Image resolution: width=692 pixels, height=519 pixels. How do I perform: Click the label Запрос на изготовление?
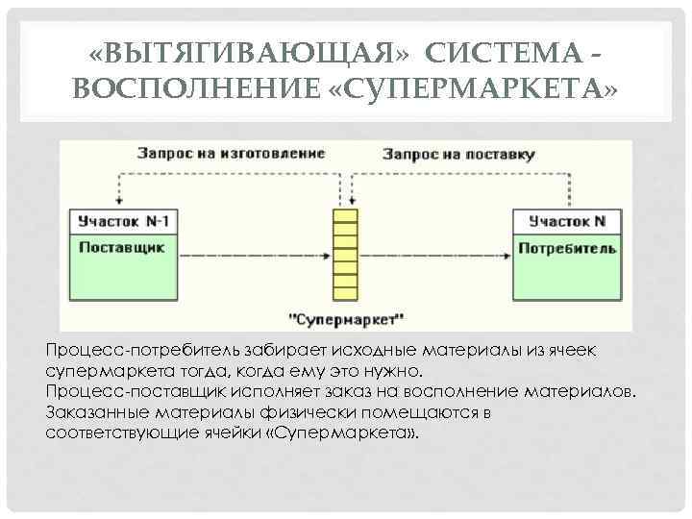tap(231, 153)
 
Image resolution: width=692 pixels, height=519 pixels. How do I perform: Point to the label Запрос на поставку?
tap(458, 153)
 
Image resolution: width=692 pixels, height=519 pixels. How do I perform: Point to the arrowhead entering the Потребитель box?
tap(507, 257)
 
